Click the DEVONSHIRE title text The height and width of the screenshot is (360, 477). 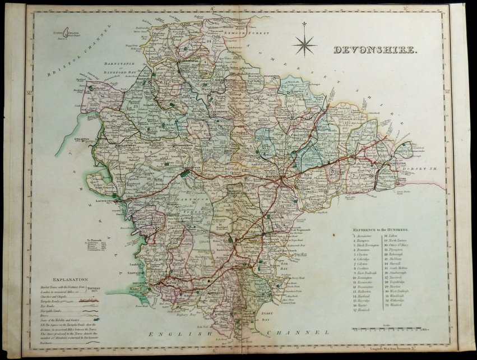(x=375, y=50)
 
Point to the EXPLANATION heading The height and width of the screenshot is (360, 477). (x=71, y=279)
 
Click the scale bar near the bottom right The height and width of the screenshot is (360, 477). (x=387, y=329)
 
